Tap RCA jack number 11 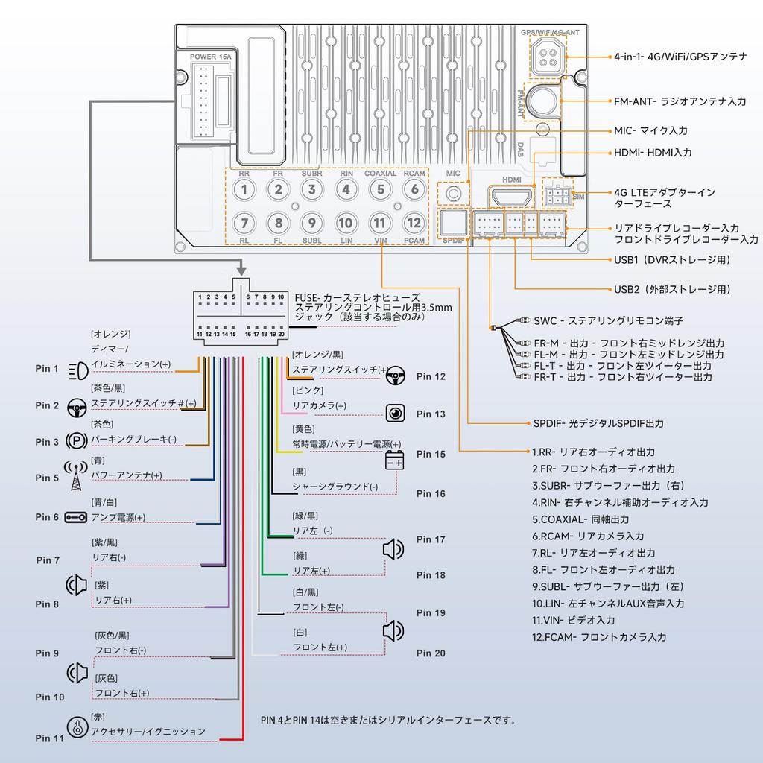coord(380,223)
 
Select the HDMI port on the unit coord(511,197)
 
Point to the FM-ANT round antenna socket coord(543,101)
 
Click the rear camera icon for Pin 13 coord(395,413)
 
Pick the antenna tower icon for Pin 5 coord(76,477)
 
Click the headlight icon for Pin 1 coord(77,369)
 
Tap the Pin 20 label coord(431,653)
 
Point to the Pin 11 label coord(50,738)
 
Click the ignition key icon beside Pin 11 coord(76,728)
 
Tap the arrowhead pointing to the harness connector coord(241,267)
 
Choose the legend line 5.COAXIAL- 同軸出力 coord(580,519)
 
